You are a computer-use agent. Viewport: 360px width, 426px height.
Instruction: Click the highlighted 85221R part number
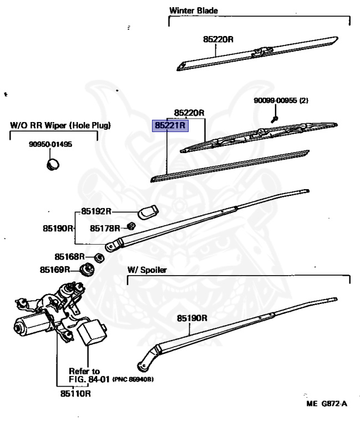click(170, 125)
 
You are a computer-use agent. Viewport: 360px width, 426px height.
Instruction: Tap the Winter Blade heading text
click(194, 11)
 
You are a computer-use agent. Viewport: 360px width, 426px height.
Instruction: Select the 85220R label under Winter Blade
click(218, 39)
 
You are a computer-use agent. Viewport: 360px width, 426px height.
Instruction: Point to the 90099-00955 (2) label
click(281, 100)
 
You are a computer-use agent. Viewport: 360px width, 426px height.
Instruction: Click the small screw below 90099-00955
click(275, 119)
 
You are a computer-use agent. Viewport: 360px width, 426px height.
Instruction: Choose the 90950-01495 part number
click(50, 144)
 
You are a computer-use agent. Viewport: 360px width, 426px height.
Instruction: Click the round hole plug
click(53, 164)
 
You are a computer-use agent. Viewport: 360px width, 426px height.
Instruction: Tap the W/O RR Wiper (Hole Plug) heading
click(60, 125)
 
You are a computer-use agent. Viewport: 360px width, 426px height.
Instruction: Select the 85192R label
click(96, 211)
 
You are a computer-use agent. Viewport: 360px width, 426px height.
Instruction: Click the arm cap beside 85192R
click(148, 212)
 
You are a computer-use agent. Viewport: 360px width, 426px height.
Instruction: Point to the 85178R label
click(105, 228)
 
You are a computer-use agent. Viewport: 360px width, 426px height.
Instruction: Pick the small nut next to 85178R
click(132, 226)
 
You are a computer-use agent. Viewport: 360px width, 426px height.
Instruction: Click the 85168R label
click(70, 257)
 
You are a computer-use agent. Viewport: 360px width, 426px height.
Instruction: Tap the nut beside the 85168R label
click(99, 258)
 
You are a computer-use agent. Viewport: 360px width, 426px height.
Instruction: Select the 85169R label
click(55, 270)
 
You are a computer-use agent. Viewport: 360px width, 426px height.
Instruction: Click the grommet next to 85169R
click(87, 270)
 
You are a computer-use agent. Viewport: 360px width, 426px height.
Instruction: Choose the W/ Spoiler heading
click(147, 270)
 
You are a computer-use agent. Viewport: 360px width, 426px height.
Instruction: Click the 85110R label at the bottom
click(75, 394)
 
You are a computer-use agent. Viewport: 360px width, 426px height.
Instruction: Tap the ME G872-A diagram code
click(327, 404)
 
